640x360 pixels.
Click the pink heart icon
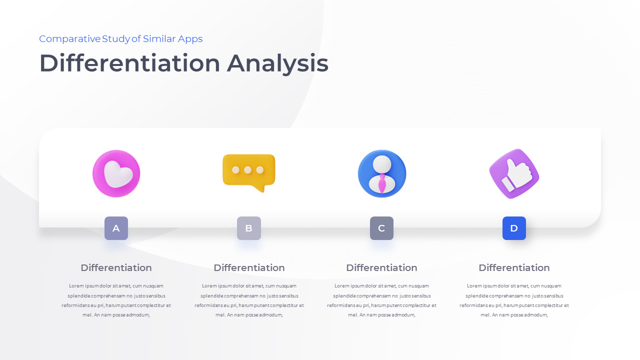pyautogui.click(x=116, y=173)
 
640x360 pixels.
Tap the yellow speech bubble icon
pyautogui.click(x=249, y=172)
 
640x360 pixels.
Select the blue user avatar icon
pyautogui.click(x=382, y=173)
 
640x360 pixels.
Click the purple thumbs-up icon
pyautogui.click(x=514, y=173)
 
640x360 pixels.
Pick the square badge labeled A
pyautogui.click(x=116, y=228)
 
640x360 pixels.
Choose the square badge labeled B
pyautogui.click(x=249, y=228)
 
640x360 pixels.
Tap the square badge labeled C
pyautogui.click(x=381, y=228)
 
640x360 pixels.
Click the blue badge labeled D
pyautogui.click(x=514, y=228)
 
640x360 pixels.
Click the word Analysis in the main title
pyautogui.click(x=277, y=64)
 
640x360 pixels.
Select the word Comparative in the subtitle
pyautogui.click(x=69, y=39)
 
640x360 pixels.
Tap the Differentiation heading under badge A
pyautogui.click(x=116, y=267)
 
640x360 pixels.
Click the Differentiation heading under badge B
pyautogui.click(x=249, y=267)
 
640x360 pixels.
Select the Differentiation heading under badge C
pyautogui.click(x=381, y=267)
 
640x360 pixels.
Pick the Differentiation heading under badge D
pyautogui.click(x=514, y=267)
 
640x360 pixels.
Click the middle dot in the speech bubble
pyautogui.click(x=247, y=170)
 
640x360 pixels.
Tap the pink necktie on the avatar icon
pyautogui.click(x=382, y=183)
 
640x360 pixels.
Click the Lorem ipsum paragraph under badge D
pyautogui.click(x=514, y=300)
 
